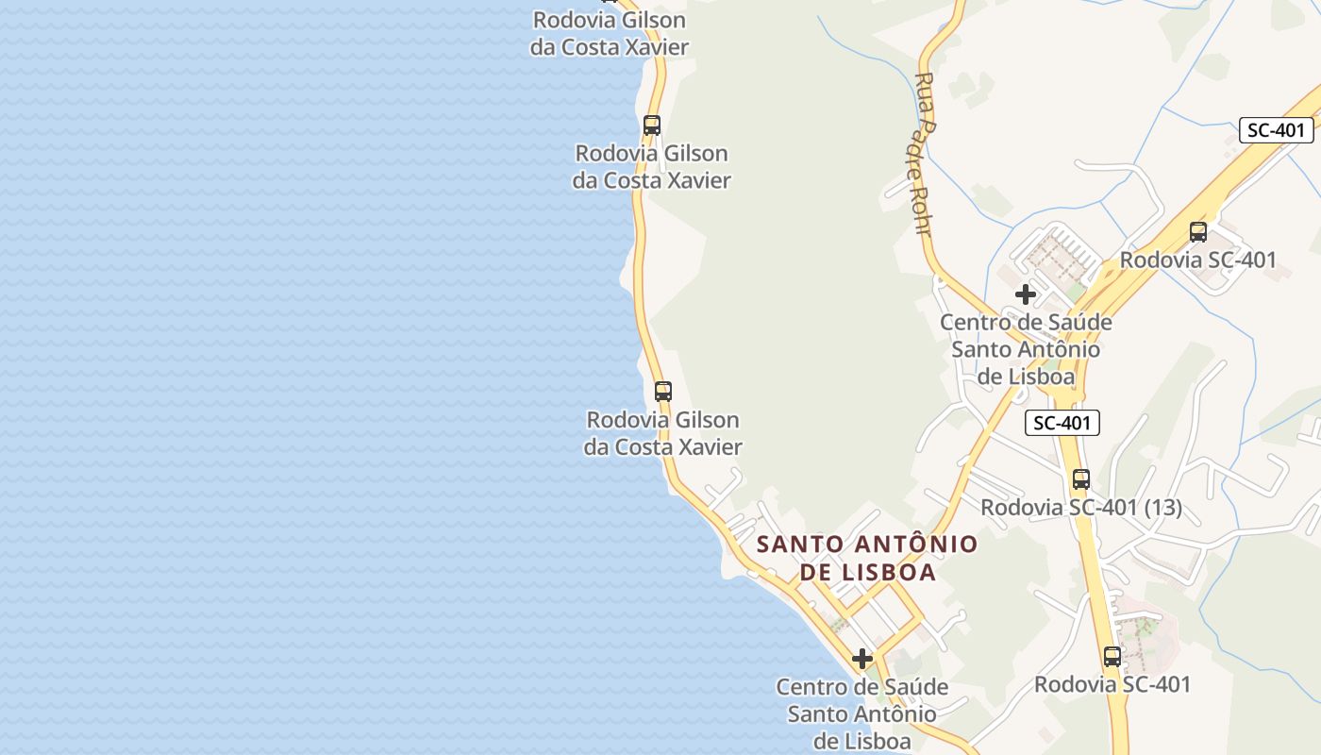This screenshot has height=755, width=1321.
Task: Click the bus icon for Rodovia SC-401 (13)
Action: click(1081, 479)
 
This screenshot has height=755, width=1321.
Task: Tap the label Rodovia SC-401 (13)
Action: click(1081, 508)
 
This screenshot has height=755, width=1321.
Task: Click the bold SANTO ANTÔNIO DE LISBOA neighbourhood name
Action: click(867, 558)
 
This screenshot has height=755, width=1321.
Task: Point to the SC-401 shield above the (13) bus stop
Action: click(1062, 423)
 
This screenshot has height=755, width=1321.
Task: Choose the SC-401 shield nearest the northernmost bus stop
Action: click(1276, 130)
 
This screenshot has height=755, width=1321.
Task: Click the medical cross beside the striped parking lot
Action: click(1026, 294)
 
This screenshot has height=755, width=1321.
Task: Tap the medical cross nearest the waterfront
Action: click(861, 659)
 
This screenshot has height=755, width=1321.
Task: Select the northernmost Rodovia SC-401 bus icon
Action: click(1198, 231)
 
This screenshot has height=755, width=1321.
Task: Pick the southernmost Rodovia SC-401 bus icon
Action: click(1112, 657)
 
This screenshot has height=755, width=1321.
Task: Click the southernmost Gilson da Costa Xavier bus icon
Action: click(663, 391)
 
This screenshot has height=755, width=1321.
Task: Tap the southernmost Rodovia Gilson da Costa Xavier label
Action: click(663, 433)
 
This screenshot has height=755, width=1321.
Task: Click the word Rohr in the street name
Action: click(923, 207)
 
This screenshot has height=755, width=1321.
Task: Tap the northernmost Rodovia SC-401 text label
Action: click(1198, 260)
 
